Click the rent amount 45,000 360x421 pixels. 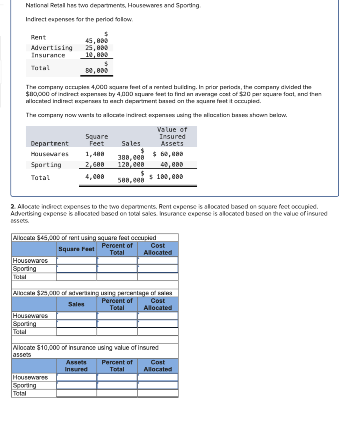point(96,41)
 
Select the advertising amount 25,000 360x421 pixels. point(96,48)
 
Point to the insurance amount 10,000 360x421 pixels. point(96,55)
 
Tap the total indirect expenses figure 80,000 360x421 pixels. point(96,71)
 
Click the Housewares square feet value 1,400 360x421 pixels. point(95,154)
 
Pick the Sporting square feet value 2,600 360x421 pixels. point(95,164)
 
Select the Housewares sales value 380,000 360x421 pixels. point(131,157)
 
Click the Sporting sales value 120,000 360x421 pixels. point(131,164)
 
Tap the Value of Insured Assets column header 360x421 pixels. point(172,136)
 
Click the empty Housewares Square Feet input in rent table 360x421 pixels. point(77,261)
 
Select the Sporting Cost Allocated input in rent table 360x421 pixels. point(158,269)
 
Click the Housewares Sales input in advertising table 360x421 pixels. point(77,316)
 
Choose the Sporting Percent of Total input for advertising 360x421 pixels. point(117,324)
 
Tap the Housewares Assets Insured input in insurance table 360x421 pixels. point(77,377)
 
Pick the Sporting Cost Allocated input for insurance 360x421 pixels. point(158,385)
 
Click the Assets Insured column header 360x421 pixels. point(77,365)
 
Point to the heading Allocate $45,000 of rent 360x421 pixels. point(85,238)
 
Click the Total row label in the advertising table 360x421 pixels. point(20,332)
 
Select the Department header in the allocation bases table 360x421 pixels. point(50,143)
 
